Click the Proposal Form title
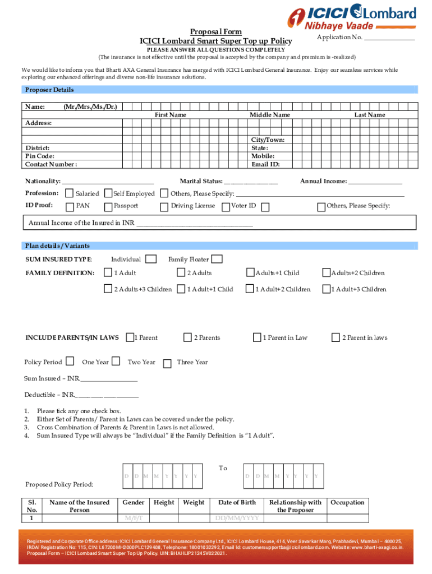[x=216, y=32]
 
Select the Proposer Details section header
[x=49, y=90]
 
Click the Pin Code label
[x=39, y=156]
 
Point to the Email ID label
[x=265, y=164]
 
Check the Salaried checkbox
[x=70, y=193]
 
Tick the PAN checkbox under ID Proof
[x=70, y=206]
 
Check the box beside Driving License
[x=164, y=206]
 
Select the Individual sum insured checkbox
[x=150, y=259]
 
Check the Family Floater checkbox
[x=217, y=259]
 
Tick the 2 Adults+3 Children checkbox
[x=108, y=289]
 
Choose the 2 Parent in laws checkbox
[x=336, y=337]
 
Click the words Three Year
[x=192, y=362]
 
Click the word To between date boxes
[x=223, y=468]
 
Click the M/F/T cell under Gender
[x=133, y=517]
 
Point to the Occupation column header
[x=347, y=502]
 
